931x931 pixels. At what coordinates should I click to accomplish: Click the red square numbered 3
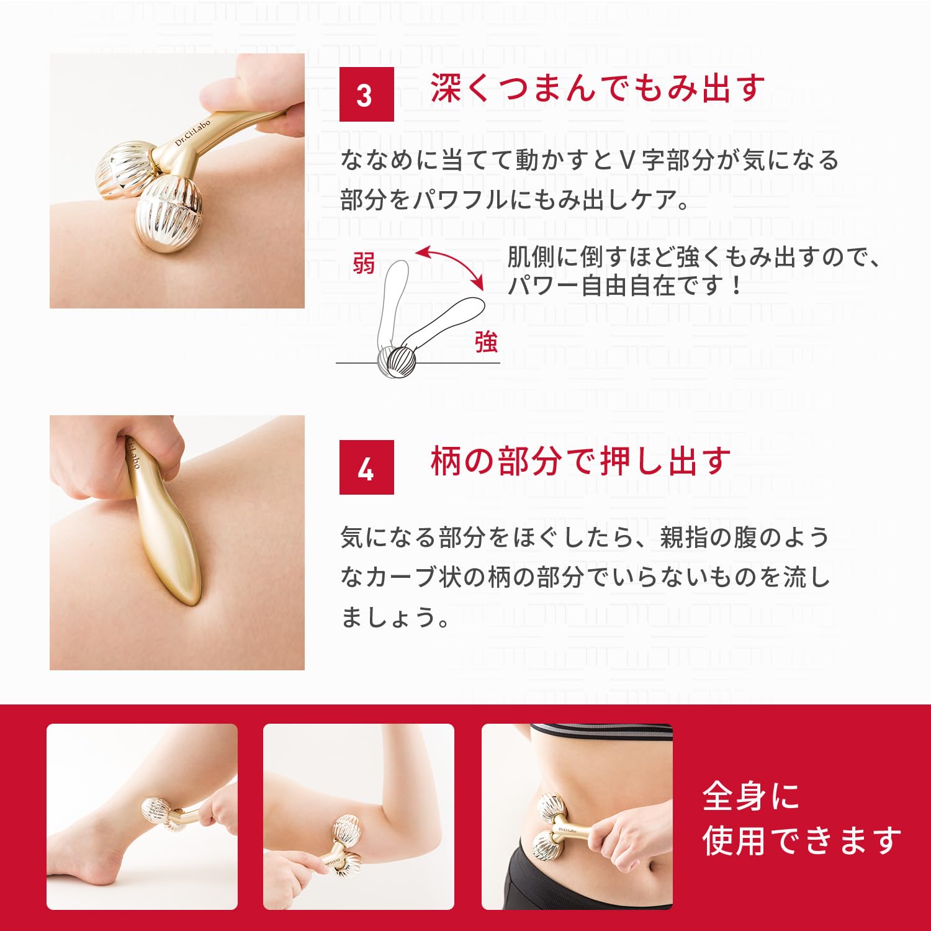(x=366, y=94)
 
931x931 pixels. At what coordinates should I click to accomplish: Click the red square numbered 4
(x=366, y=467)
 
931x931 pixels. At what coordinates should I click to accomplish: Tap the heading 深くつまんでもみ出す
(x=597, y=88)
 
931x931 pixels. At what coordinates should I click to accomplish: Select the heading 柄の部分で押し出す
(x=580, y=461)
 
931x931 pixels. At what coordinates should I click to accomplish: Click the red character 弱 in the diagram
(x=364, y=263)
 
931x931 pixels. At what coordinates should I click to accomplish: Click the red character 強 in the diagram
(x=486, y=341)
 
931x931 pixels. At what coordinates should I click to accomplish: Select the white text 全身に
(x=750, y=796)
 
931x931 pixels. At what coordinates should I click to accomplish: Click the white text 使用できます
(x=801, y=840)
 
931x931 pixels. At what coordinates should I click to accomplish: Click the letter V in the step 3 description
(x=627, y=161)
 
